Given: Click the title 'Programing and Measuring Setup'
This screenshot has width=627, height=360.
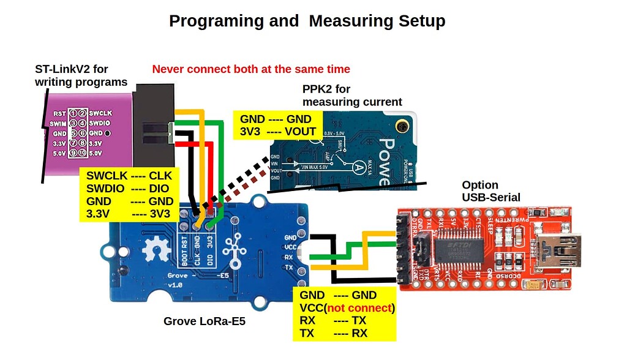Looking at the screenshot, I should [307, 21].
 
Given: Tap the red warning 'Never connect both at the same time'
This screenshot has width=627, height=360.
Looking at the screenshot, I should [251, 69].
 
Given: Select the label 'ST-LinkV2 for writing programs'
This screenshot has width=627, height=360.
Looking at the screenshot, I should [81, 75].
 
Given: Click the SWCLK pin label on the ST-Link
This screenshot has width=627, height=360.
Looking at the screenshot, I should [100, 113].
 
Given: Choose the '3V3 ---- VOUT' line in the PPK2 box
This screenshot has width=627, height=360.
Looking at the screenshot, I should [277, 131].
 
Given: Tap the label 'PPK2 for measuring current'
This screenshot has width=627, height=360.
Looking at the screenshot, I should [352, 96].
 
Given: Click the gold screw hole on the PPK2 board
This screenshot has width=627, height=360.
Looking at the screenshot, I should [403, 127].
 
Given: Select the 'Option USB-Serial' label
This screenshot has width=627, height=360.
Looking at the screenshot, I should [491, 190].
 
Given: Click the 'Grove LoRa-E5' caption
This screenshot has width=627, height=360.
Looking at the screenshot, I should [205, 321].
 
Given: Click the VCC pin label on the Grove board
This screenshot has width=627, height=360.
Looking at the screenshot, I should [291, 247].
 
